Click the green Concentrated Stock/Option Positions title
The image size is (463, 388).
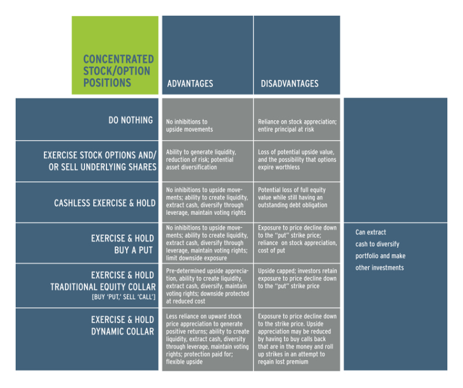(x=119, y=71)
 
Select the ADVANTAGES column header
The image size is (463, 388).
(x=190, y=83)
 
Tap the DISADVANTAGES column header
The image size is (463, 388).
(x=290, y=83)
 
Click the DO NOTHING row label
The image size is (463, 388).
(x=131, y=120)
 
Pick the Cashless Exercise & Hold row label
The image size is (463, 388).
(x=105, y=203)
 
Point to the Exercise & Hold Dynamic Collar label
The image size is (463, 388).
(x=123, y=325)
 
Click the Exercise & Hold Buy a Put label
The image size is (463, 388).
(x=123, y=244)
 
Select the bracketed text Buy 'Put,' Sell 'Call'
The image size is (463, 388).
(x=123, y=297)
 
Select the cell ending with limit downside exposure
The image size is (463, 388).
(x=207, y=243)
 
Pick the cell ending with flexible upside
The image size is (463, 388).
(x=208, y=339)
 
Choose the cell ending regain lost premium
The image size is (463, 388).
(x=297, y=339)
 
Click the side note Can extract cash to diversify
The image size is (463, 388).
(x=380, y=250)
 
